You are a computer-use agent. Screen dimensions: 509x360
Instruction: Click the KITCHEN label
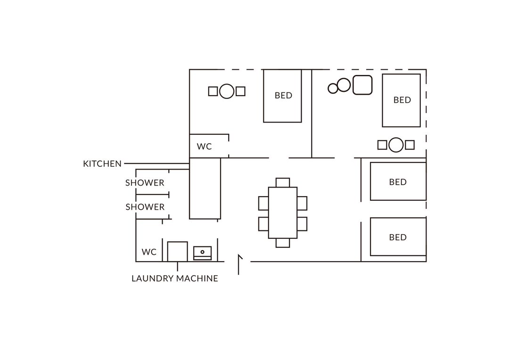point(102,164)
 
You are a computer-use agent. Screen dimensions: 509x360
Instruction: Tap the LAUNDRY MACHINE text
point(175,278)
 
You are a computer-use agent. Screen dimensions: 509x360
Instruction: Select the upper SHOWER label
point(145,183)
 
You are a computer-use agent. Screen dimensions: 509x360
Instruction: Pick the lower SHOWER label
point(145,207)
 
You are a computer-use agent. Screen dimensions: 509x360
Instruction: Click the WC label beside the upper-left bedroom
point(204,147)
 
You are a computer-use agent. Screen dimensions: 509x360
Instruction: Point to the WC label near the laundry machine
point(149,252)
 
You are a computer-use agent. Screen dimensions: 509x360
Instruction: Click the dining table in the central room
point(283,213)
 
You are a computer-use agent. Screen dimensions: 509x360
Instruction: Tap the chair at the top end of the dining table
point(283,182)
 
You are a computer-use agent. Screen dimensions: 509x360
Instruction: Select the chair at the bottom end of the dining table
point(283,243)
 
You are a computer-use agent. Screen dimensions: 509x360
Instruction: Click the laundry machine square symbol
point(177,251)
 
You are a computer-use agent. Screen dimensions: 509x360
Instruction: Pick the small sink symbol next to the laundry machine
point(202,253)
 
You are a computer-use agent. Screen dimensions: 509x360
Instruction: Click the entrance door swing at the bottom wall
point(239,264)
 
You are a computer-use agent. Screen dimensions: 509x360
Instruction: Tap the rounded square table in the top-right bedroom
point(362,85)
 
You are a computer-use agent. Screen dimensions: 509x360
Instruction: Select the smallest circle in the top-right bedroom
point(333,88)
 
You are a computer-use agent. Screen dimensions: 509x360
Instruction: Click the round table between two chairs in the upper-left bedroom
point(227,91)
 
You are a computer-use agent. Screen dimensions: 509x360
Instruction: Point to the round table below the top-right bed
point(396,145)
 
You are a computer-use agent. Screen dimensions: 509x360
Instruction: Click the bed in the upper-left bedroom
point(282,96)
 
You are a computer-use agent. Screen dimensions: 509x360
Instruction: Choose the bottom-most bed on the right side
point(398,237)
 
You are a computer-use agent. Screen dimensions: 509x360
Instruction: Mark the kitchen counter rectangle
point(205,188)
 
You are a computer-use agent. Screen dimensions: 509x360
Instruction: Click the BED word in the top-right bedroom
point(402,100)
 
